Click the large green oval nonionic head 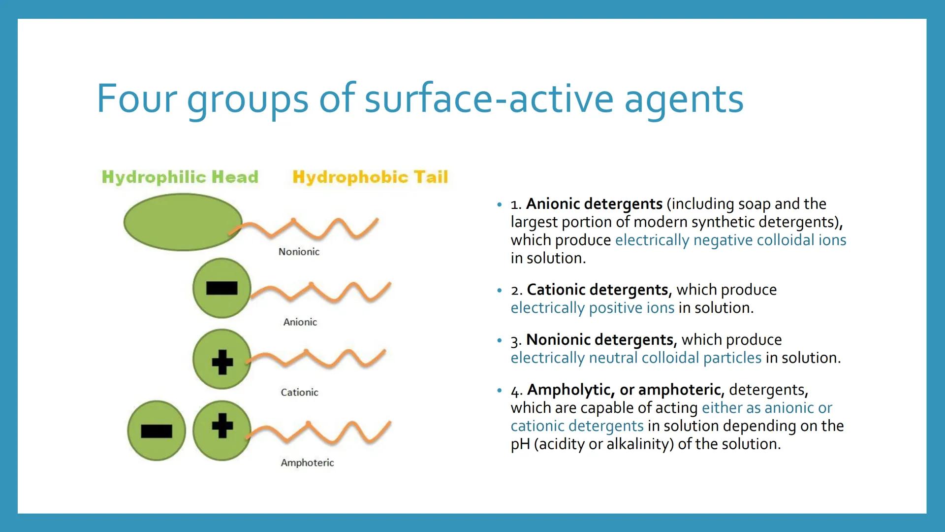tap(183, 222)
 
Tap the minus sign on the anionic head tap(222, 288)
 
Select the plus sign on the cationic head tap(222, 362)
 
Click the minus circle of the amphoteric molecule tap(157, 431)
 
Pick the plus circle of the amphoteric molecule tap(222, 431)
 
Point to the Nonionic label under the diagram tap(299, 252)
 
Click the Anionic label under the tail tap(300, 322)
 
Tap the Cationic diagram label tap(299, 393)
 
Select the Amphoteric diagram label tap(307, 463)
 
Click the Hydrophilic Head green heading tap(180, 177)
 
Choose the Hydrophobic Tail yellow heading tap(370, 177)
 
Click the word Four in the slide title tap(136, 99)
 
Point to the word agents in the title tap(684, 100)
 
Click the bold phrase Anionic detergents tap(595, 203)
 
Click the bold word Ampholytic tap(571, 390)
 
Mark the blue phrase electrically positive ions tap(593, 308)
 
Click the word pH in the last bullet tap(520, 444)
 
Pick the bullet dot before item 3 tap(500, 340)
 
